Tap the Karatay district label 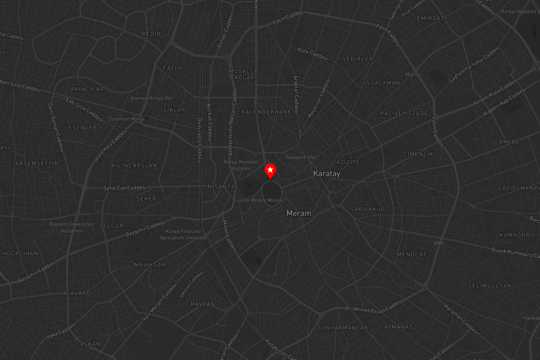pos(327,173)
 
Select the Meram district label pos(299,213)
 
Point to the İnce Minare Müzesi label pos(261,200)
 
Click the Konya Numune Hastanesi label pos(241,165)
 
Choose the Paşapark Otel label pos(301,157)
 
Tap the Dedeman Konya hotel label pos(126,119)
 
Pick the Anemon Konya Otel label pos(152,98)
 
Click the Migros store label pos(413,74)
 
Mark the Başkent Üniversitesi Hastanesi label pos(72,227)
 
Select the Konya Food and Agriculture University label pos(183,234)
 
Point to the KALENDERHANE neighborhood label pos(266,112)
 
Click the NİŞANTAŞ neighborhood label pos(223,186)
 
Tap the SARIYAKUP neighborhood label pos(368,209)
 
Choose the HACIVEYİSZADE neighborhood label pos(404,113)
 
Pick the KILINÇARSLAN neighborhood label pos(134,166)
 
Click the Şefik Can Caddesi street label pos(125,188)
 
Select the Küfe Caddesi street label pos(313,54)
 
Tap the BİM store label pos(438,243)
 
